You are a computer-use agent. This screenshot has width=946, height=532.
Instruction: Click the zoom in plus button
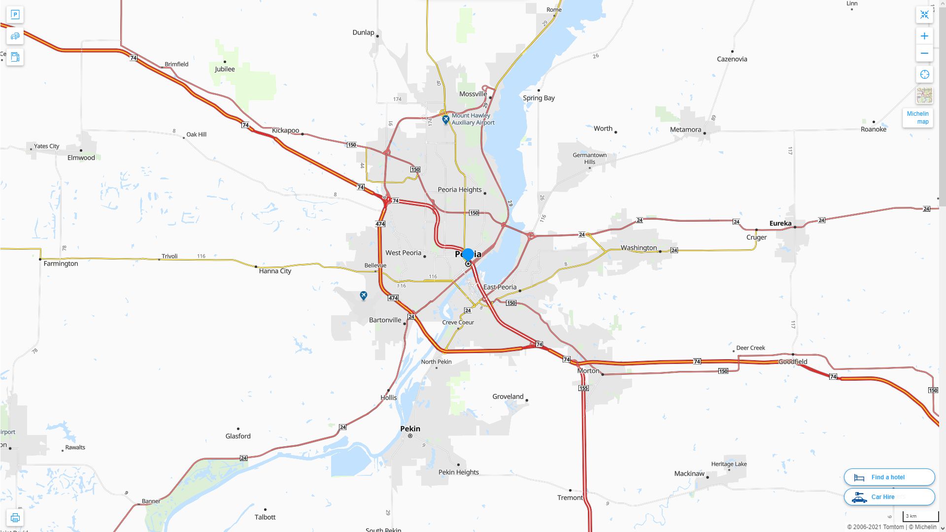[924, 36]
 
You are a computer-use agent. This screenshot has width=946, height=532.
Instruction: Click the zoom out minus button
[924, 53]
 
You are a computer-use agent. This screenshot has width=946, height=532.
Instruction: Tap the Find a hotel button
[889, 477]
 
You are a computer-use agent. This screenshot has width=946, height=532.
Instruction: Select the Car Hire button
[889, 497]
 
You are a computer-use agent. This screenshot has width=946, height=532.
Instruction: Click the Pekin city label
[410, 429]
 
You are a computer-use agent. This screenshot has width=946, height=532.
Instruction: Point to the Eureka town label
[780, 223]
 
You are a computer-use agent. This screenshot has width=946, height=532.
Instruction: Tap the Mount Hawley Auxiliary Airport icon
[445, 119]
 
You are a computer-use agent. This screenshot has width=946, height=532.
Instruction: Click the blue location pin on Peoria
[468, 254]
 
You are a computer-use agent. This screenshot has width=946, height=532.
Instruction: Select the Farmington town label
[61, 264]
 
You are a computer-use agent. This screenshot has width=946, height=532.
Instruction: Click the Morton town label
[588, 370]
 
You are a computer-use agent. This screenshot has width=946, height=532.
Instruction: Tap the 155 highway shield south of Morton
[584, 388]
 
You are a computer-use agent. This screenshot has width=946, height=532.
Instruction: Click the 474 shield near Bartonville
[393, 298]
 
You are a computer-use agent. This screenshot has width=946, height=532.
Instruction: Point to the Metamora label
[685, 130]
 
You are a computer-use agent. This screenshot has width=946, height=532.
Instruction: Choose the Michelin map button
[917, 117]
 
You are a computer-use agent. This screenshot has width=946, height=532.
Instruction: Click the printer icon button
[15, 518]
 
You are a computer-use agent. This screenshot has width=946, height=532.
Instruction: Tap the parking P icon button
[15, 15]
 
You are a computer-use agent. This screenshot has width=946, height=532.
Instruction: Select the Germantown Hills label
[590, 158]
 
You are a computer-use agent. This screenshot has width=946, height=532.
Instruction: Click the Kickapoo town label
[285, 131]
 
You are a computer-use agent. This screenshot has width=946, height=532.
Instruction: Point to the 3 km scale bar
[920, 517]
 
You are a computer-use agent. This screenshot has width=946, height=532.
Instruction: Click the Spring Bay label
[539, 98]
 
